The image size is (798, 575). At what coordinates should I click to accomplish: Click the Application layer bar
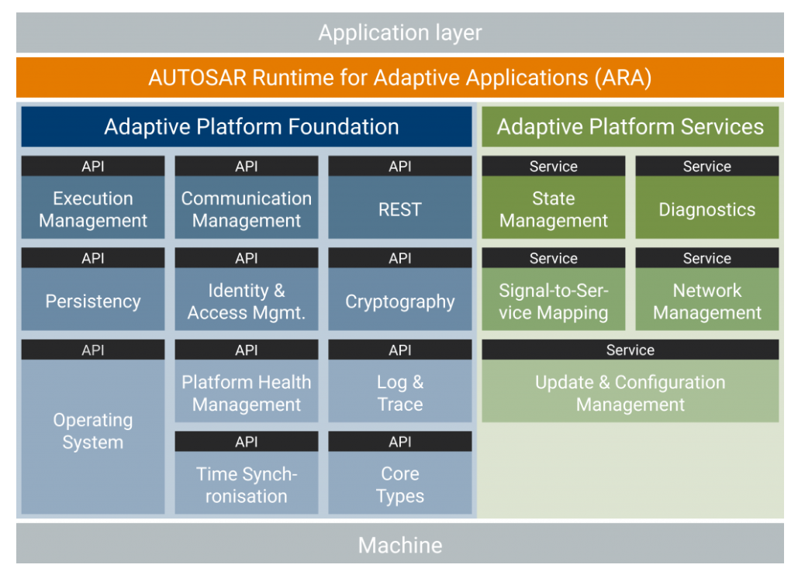(400, 33)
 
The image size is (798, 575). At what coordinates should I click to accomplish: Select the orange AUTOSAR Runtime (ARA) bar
(400, 77)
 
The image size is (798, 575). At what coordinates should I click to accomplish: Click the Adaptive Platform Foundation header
(247, 126)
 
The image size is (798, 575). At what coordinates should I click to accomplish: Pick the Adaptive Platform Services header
(630, 126)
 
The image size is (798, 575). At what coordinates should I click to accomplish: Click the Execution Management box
(93, 208)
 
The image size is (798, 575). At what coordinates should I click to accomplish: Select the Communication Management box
(247, 208)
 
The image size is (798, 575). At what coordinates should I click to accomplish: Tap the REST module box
(400, 208)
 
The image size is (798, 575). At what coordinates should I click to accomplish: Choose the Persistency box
(93, 299)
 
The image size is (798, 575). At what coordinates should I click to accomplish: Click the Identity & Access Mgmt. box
(247, 299)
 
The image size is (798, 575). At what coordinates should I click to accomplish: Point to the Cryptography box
(400, 299)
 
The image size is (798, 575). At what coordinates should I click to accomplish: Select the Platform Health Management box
(247, 391)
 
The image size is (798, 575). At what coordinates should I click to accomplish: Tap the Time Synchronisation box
(247, 483)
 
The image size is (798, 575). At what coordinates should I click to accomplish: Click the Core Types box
(400, 483)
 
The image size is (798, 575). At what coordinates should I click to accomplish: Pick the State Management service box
(553, 208)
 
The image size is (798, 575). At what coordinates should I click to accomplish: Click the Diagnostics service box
(707, 208)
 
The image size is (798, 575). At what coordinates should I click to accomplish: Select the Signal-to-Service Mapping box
(553, 299)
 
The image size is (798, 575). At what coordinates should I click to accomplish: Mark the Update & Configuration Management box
(630, 391)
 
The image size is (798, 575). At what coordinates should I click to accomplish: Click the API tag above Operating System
(93, 349)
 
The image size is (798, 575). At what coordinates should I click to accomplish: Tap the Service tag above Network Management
(707, 258)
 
